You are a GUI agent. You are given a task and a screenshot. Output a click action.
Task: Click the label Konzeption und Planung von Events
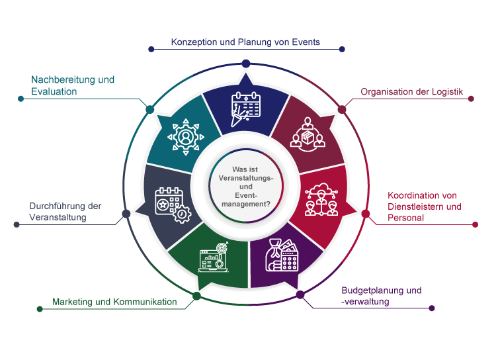[x=245, y=42]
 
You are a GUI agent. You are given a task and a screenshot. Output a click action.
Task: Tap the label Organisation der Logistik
[x=411, y=92]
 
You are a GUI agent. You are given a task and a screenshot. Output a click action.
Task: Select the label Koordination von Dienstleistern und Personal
[x=423, y=206]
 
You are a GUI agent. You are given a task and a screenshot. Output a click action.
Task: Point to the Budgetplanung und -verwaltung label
[x=381, y=296]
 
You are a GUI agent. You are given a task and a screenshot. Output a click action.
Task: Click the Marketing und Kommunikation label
[x=114, y=302]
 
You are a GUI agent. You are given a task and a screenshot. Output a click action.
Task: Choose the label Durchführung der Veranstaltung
[x=65, y=211]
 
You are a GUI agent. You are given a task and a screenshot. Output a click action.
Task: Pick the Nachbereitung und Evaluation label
[x=73, y=85]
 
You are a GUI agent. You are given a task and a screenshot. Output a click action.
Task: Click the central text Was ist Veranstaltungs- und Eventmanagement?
[x=245, y=187]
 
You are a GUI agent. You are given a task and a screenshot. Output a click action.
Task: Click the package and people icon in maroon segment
[x=309, y=134]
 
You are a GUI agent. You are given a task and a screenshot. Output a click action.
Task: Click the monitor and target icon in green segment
[x=213, y=257]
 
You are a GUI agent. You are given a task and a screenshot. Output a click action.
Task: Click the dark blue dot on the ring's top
[x=246, y=63]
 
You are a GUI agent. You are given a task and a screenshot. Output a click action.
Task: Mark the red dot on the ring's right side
[x=366, y=214]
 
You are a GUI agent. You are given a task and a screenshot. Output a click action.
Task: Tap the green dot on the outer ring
[x=196, y=296]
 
